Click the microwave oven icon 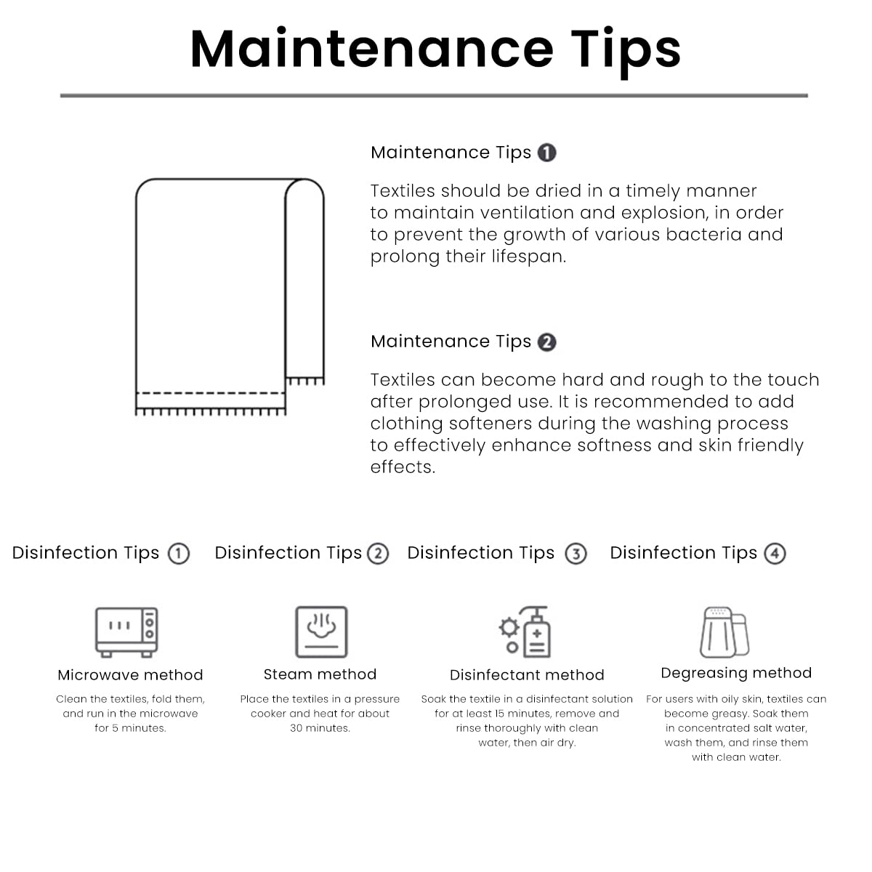[126, 631]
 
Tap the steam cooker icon [321, 631]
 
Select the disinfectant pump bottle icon [525, 631]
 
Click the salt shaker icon [724, 631]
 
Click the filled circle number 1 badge [546, 153]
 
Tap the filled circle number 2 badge [546, 342]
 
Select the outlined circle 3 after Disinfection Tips [576, 554]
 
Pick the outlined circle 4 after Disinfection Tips [775, 554]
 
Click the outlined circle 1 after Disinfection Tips [179, 554]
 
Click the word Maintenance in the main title [372, 49]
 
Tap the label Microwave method [130, 674]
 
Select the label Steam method [320, 674]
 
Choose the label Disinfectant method [527, 674]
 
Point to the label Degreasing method [736, 674]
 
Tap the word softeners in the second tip [490, 424]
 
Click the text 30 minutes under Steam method [320, 728]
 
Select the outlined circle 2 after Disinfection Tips [378, 554]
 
